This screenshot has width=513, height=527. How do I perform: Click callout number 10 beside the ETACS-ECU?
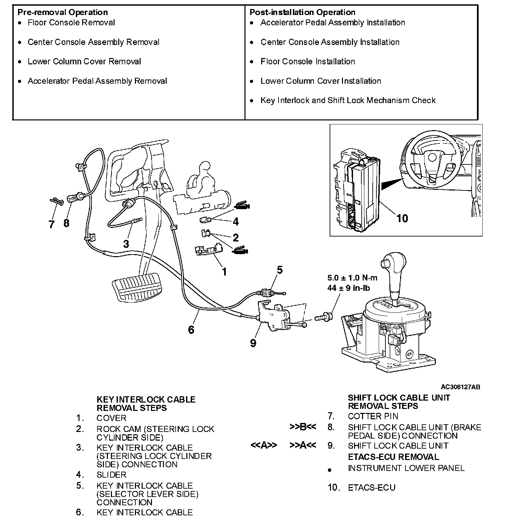(402, 218)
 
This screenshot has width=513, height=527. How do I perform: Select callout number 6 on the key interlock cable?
(191, 330)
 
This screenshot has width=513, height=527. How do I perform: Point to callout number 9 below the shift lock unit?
(253, 343)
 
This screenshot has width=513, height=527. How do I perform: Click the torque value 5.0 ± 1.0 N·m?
(352, 278)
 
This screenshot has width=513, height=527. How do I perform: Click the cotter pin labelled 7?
(55, 201)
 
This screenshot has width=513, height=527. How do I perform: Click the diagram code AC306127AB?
(461, 387)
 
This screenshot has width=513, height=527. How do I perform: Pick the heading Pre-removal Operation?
(62, 12)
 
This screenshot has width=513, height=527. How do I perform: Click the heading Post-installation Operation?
(302, 12)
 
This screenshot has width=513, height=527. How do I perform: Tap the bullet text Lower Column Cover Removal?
(84, 62)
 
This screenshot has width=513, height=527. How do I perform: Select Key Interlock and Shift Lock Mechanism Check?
(348, 100)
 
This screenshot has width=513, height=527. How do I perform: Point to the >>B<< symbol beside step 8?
(303, 427)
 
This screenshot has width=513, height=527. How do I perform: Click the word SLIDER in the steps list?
(111, 475)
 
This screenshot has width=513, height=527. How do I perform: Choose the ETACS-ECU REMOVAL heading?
(393, 457)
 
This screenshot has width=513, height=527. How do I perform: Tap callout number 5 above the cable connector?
(280, 270)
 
